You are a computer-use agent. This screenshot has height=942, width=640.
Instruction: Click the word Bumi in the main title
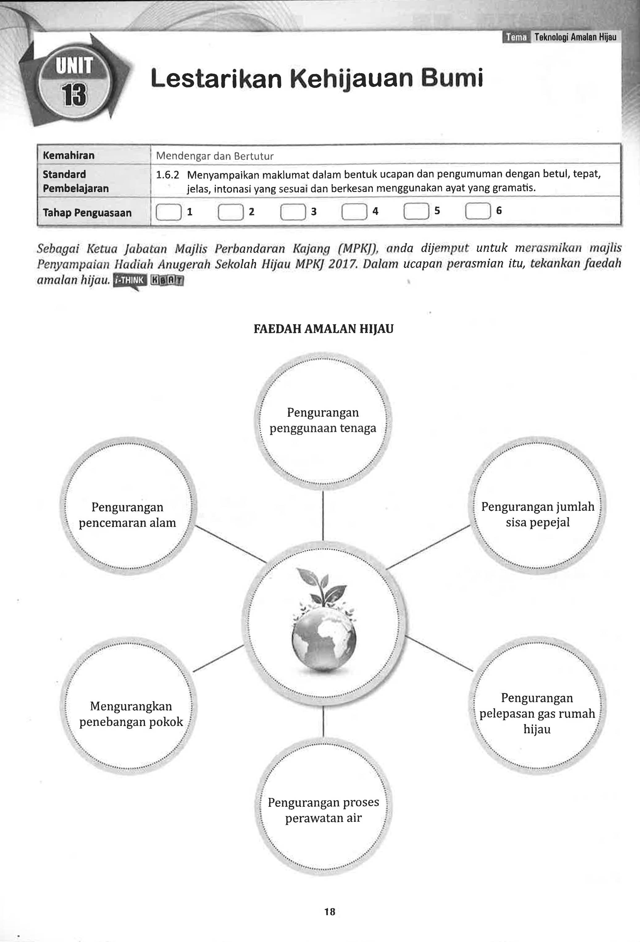452,78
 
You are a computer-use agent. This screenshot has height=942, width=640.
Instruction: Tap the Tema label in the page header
516,38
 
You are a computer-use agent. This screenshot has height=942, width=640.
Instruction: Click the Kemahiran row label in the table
69,156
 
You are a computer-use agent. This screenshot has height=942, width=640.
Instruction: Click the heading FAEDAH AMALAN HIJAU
323,328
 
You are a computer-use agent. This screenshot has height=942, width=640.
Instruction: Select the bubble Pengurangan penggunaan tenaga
323,420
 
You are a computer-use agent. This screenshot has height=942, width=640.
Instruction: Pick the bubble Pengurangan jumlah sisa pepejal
538,514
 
